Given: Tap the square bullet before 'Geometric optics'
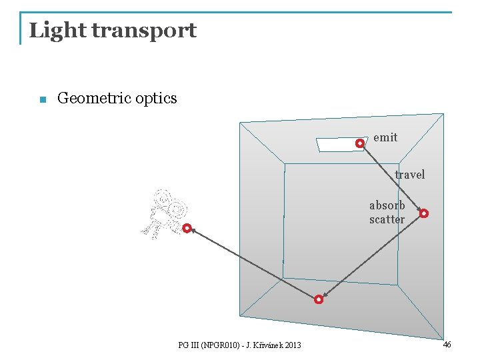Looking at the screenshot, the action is pyautogui.click(x=42, y=100).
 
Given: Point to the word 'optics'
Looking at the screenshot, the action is pyautogui.click(x=156, y=99).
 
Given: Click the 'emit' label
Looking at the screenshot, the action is pyautogui.click(x=385, y=137).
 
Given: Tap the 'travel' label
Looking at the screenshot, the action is pyautogui.click(x=409, y=175).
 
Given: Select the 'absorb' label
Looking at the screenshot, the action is pyautogui.click(x=387, y=205).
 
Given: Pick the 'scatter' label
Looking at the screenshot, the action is pyautogui.click(x=387, y=219).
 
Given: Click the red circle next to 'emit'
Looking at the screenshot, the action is pyautogui.click(x=360, y=143).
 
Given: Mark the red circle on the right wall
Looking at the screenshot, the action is pyautogui.click(x=424, y=213).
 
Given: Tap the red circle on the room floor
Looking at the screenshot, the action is pyautogui.click(x=319, y=300).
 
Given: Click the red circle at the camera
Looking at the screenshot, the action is pyautogui.click(x=187, y=228).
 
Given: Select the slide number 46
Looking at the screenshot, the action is pyautogui.click(x=447, y=345).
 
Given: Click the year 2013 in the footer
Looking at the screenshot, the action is pyautogui.click(x=291, y=345).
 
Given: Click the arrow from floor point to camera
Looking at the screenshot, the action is pyautogui.click(x=253, y=264).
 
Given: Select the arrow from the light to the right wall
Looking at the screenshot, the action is pyautogui.click(x=392, y=178).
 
